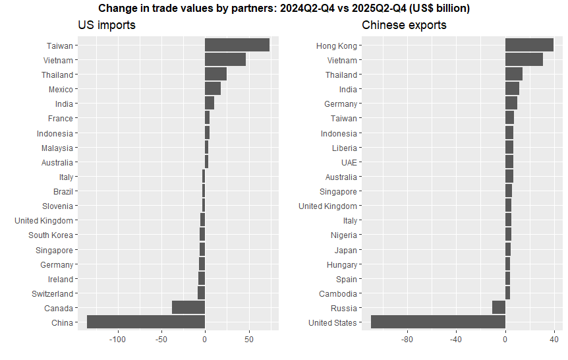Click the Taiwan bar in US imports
[237, 45]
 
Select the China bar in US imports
[146, 322]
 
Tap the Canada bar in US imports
[188, 307]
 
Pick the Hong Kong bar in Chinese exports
[529, 45]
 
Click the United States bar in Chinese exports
[438, 322]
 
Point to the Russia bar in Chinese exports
[499, 307]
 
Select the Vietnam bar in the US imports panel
[225, 59]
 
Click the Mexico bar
[213, 88]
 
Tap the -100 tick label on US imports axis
[117, 340]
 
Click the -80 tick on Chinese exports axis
[407, 340]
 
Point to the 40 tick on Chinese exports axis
[554, 340]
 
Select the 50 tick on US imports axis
[249, 340]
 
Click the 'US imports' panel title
[107, 25]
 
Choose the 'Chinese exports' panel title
[404, 25]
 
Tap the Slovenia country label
[57, 206]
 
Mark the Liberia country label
[345, 148]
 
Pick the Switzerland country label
[52, 293]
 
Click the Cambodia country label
[338, 293]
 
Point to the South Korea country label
[51, 235]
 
